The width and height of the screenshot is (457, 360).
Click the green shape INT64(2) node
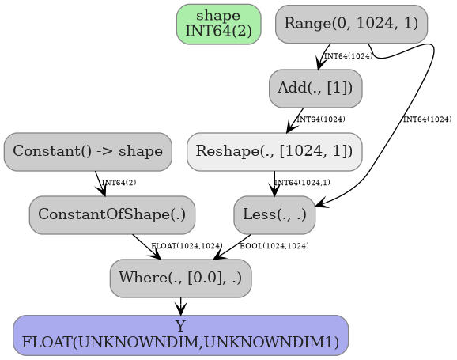coord(218,24)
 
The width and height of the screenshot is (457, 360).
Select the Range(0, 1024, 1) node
coord(351,24)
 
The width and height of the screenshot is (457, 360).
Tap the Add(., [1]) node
coord(315,88)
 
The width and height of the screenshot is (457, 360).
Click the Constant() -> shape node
coord(88,151)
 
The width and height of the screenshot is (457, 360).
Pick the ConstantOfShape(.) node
coord(112,214)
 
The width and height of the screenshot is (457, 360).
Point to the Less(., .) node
coord(274,214)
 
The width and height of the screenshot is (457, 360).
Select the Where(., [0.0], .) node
coord(181,278)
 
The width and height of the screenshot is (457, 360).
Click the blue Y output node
coord(181,335)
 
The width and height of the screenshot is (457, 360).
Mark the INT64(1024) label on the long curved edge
coord(427,119)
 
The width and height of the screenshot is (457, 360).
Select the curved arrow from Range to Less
coord(395,135)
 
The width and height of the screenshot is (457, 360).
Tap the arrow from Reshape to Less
coord(274,183)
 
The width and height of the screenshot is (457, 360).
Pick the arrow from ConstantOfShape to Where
coord(145,246)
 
